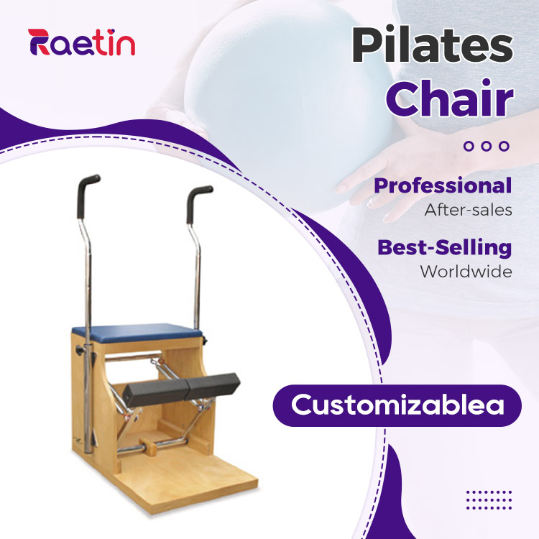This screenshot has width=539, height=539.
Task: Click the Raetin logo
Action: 81,42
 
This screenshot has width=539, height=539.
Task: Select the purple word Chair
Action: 450,98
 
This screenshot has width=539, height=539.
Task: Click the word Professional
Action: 443,185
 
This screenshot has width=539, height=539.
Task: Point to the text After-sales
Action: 468,210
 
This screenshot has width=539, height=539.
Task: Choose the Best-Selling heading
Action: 444,248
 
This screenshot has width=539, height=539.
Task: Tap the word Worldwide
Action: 466,272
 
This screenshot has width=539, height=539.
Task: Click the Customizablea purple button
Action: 397,405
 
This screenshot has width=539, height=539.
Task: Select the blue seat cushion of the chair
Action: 137,333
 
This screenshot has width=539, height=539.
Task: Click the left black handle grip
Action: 86,194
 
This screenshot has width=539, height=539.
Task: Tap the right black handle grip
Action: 197,203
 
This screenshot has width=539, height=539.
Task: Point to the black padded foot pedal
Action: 181,389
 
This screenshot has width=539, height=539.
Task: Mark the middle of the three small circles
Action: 486,146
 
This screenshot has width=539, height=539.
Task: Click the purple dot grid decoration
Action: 489,500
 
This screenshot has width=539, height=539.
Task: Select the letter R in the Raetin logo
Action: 39,42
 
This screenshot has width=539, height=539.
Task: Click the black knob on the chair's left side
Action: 80,350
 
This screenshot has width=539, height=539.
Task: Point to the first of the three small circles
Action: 468,146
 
